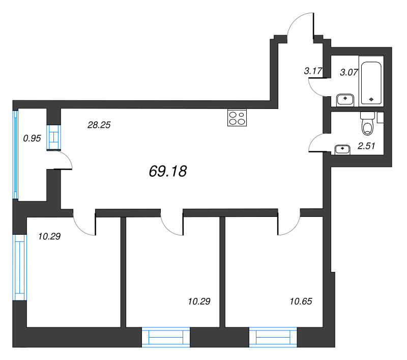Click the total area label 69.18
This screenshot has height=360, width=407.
pyautogui.click(x=168, y=171)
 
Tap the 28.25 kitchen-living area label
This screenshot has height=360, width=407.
pyautogui.click(x=99, y=125)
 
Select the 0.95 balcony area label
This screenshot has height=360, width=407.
pyautogui.click(x=32, y=138)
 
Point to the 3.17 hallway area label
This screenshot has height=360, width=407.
pyautogui.click(x=313, y=71)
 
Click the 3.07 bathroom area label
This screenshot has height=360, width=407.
pyautogui.click(x=349, y=72)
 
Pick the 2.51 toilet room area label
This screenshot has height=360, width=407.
pyautogui.click(x=366, y=146)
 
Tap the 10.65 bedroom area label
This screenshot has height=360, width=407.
pyautogui.click(x=301, y=301)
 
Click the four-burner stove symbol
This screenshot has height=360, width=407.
pyautogui.click(x=237, y=118)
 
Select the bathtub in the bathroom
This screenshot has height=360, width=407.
pyautogui.click(x=371, y=83)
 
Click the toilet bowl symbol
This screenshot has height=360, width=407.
pyautogui.click(x=367, y=124)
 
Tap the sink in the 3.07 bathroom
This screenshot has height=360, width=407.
pyautogui.click(x=345, y=100)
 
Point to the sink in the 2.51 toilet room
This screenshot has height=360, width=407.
pyautogui.click(x=342, y=149)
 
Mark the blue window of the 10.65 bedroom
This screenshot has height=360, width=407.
pyautogui.click(x=273, y=337)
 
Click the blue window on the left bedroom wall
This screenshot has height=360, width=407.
pyautogui.click(x=20, y=267)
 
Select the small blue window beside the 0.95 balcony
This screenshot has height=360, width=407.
pyautogui.click(x=54, y=137)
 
